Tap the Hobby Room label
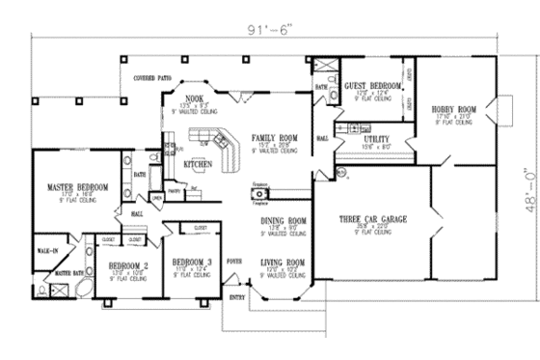pyautogui.click(x=453, y=109)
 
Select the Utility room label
pyautogui.click(x=376, y=138)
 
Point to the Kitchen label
pyautogui.click(x=198, y=163)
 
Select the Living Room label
pyautogui.click(x=283, y=263)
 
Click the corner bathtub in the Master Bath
pyautogui.click(x=81, y=291)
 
